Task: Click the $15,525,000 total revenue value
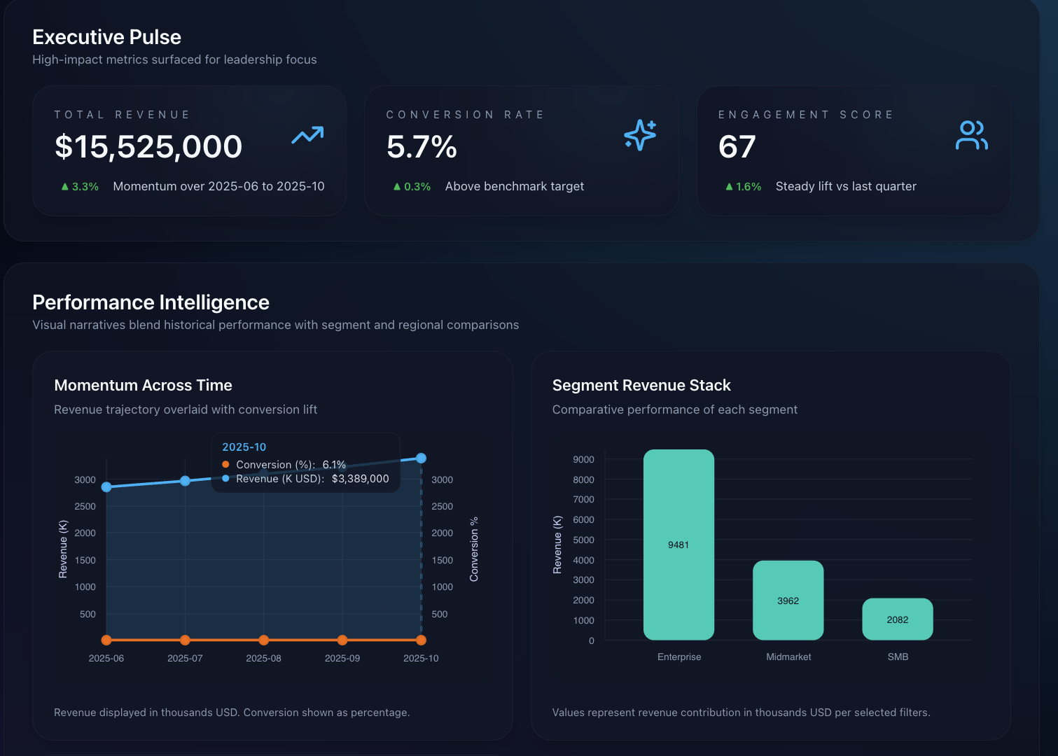tap(148, 147)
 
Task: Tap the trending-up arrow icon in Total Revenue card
tap(307, 135)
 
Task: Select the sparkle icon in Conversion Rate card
tap(640, 135)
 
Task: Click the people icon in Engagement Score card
tap(971, 135)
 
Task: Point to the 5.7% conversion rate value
tap(422, 147)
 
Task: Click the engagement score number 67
tap(737, 147)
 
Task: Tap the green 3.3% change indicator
tap(80, 187)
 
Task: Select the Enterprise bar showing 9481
tap(678, 545)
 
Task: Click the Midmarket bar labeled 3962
tap(788, 600)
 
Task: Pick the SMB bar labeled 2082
tap(897, 619)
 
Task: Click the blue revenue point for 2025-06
tap(106, 487)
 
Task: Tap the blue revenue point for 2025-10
tap(421, 458)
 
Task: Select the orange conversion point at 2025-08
tap(263, 640)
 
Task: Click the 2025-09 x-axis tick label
tap(342, 659)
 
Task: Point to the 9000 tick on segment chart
tap(583, 460)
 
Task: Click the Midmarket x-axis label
tap(788, 657)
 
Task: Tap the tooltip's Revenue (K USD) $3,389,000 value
tap(360, 479)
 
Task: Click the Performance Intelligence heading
tap(151, 302)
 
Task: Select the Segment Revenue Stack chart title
tap(641, 386)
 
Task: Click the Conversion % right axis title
tap(474, 549)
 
